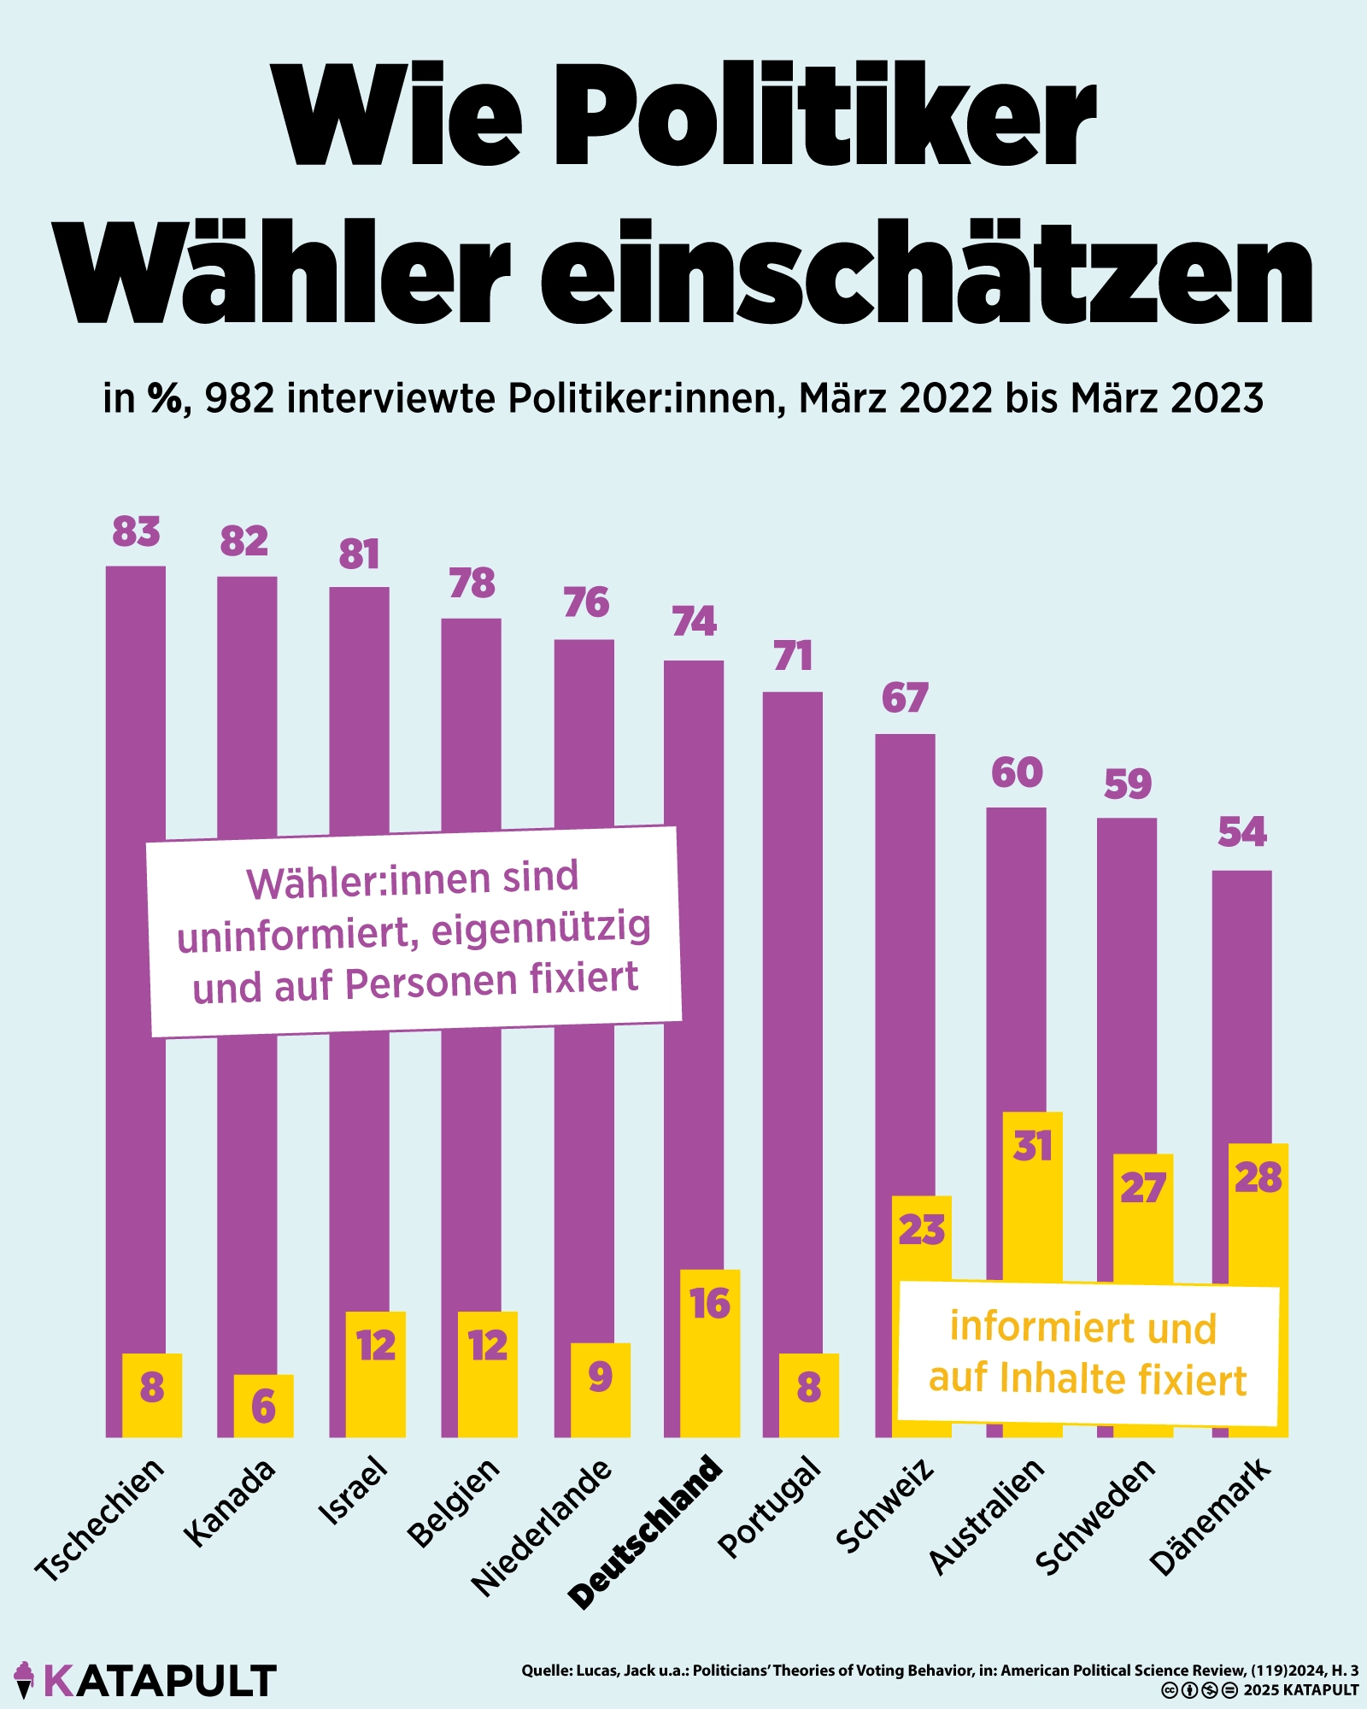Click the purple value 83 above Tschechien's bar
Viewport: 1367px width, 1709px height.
[136, 531]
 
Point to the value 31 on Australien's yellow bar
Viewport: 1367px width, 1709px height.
[1032, 1146]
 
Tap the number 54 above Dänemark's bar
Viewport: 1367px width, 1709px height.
[1241, 831]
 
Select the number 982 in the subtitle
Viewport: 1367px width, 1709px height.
[239, 398]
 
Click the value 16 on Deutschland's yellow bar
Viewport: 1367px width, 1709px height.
[710, 1304]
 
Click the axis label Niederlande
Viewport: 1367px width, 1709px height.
[542, 1526]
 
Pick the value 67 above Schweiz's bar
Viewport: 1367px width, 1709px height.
[905, 698]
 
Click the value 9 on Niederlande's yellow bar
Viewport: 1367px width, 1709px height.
[601, 1377]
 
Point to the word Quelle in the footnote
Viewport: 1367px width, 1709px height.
[546, 1671]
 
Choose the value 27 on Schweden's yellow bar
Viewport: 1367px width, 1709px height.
[1142, 1188]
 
